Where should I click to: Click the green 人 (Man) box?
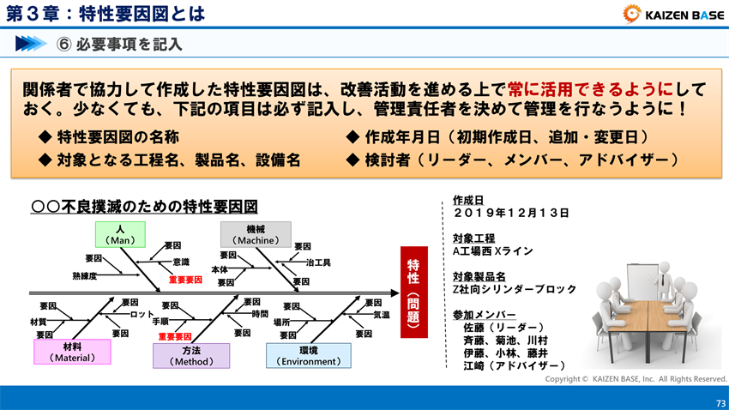[120, 234]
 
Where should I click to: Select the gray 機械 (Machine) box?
[256, 234]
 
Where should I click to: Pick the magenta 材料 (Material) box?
[73, 352]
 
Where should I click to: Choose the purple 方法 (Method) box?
[191, 356]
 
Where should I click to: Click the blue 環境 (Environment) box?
[308, 356]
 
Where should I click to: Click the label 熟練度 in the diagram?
[85, 276]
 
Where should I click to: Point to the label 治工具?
[318, 262]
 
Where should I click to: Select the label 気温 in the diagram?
[382, 315]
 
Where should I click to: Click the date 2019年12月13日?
[510, 212]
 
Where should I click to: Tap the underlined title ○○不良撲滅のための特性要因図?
[143, 207]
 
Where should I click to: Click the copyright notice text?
[636, 378]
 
